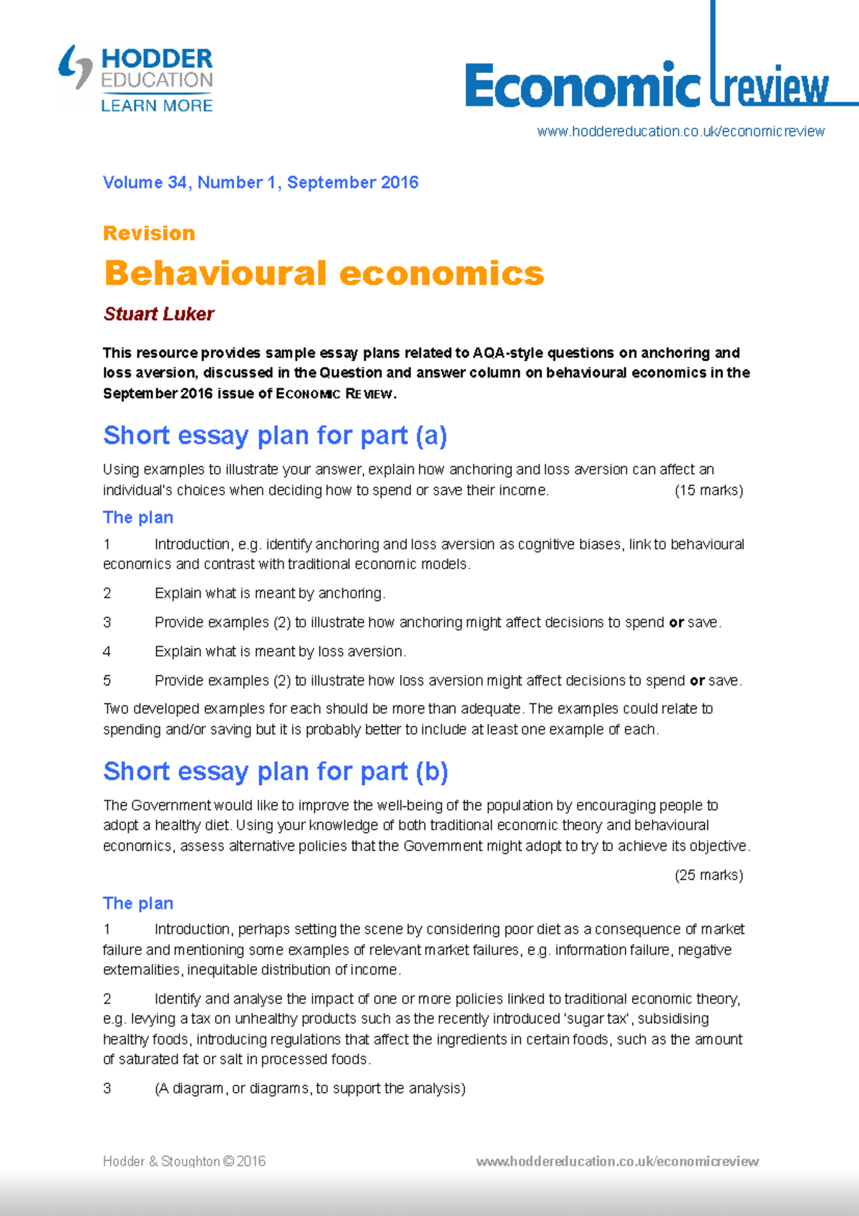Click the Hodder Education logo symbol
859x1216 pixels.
(x=75, y=67)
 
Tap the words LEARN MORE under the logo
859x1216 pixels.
(x=157, y=106)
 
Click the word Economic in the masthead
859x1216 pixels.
(x=582, y=86)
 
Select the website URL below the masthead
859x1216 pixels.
(x=681, y=132)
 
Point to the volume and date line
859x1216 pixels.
(x=261, y=183)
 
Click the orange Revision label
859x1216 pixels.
(x=149, y=233)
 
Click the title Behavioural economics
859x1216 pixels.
(x=324, y=274)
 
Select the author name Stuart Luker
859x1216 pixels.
(x=159, y=314)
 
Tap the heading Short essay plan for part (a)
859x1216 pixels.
(x=275, y=435)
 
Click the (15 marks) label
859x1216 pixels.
(x=709, y=491)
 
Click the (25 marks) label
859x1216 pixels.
(x=709, y=875)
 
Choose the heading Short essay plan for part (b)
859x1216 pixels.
(x=276, y=771)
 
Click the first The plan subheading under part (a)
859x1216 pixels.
(x=138, y=518)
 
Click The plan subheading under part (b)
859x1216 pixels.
(x=138, y=903)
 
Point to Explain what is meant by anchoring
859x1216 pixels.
(x=270, y=594)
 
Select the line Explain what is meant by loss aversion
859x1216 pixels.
(x=280, y=652)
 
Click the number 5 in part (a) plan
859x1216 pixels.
(x=107, y=680)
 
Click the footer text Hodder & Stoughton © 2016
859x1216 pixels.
(x=184, y=1162)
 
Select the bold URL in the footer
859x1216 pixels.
(x=617, y=1162)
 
